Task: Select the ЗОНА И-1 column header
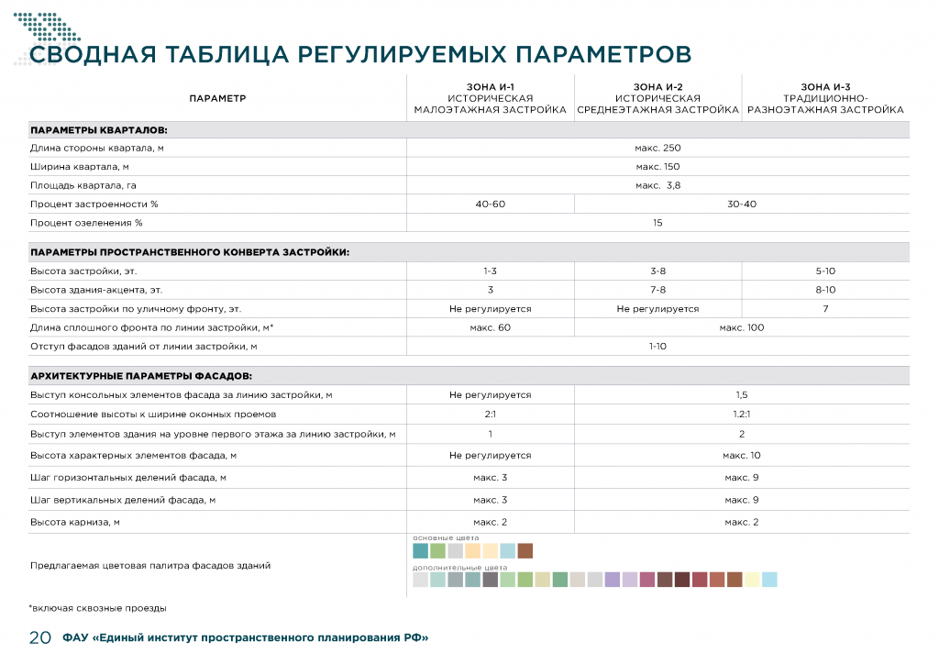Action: (491, 86)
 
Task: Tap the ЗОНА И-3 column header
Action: (825, 86)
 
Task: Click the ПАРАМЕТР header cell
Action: (217, 98)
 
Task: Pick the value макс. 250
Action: (657, 148)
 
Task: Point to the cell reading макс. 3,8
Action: (657, 185)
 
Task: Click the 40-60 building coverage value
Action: (491, 204)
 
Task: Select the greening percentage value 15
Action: (657, 223)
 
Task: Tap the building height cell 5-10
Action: (825, 271)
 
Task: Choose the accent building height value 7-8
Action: (657, 290)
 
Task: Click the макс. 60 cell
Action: (491, 327)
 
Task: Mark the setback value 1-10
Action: (657, 347)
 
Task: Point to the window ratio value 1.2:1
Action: (741, 415)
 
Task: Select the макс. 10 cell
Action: (741, 455)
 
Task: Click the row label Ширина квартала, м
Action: (80, 167)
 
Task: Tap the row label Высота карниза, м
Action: (76, 522)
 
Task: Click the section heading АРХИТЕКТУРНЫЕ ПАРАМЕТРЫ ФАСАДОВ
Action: (141, 376)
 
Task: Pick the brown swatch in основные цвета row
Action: (525, 551)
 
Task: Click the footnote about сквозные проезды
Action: (97, 607)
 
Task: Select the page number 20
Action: (39, 638)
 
